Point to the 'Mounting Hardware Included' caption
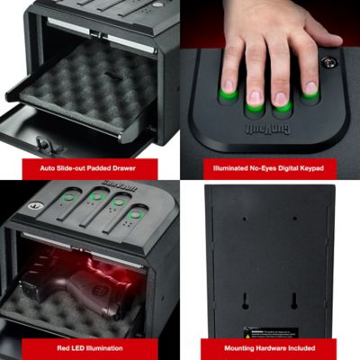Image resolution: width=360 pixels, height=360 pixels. click(x=269, y=346)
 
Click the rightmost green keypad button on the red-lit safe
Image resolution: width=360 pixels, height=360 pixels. click(x=136, y=214)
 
